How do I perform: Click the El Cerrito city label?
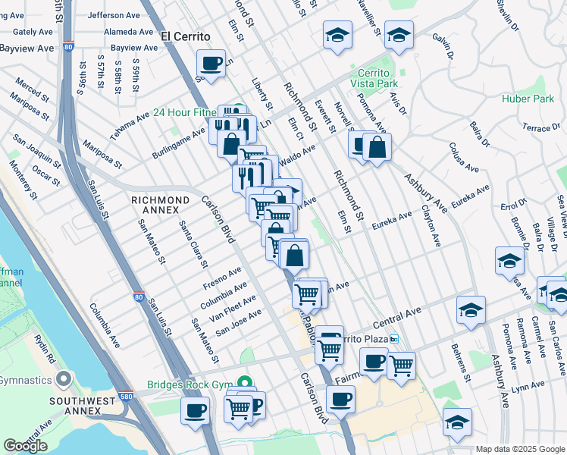pos(185,36)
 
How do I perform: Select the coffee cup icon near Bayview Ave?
pos(211,62)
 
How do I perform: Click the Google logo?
pos(24,446)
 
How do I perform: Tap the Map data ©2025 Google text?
pos(520,449)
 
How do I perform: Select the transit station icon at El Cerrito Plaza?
pos(394,339)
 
